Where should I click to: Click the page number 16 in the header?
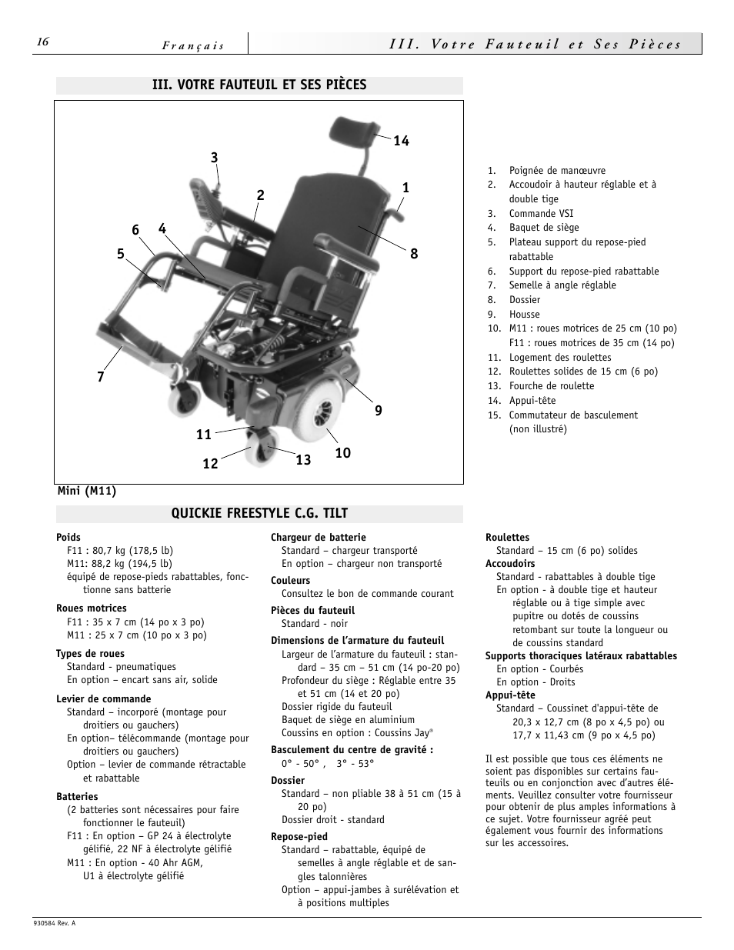42,42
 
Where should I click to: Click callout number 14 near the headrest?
401,141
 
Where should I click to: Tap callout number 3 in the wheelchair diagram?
215,158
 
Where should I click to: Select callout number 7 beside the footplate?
101,377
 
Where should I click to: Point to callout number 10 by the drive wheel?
342,453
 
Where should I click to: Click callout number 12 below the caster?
210,464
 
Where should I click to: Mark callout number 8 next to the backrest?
414,253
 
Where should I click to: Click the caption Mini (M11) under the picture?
86,492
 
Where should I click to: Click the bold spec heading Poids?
68,538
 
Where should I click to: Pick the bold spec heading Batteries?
77,797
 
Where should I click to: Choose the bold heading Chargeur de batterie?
318,538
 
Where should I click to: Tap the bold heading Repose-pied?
299,837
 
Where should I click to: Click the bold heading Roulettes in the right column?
507,538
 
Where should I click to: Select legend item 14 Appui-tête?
532,401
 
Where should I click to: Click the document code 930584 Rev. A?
55,923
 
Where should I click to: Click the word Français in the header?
193,46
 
